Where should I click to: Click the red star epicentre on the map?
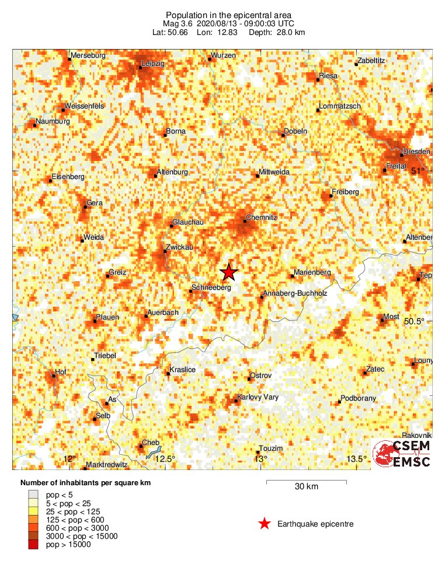[x=229, y=272]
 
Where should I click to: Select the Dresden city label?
[x=416, y=152]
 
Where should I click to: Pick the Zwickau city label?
[x=179, y=247]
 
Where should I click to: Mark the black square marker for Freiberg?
[x=331, y=196]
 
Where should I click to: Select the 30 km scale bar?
[x=306, y=482]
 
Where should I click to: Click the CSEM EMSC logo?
[x=403, y=453]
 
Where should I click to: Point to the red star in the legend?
[x=265, y=524]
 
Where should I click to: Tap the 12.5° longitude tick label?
[x=165, y=458]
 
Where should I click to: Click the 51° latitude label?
[x=418, y=171]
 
